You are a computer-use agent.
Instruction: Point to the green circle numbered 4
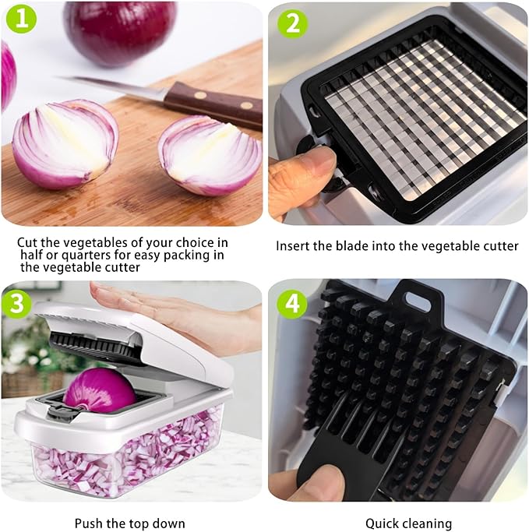293,302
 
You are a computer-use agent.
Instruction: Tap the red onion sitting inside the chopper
99,389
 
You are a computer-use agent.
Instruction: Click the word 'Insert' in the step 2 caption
294,246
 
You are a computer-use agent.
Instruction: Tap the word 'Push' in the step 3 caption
90,523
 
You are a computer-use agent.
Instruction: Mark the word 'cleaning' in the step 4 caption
427,523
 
